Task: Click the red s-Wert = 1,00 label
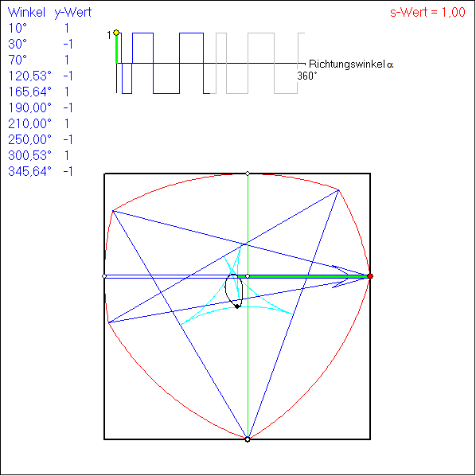coord(427,13)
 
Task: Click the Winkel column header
coord(26,13)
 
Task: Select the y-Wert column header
coord(73,13)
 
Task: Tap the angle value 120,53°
coord(29,76)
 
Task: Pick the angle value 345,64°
coord(29,171)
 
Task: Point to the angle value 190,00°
coord(29,107)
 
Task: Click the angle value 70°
coord(18,60)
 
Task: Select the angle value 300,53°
coord(29,155)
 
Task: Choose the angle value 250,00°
coord(29,139)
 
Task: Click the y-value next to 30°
coord(68,45)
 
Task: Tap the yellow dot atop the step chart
coord(116,33)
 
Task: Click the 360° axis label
coord(307,76)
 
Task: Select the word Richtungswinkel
coord(347,64)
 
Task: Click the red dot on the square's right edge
coord(370,276)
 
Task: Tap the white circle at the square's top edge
coord(248,174)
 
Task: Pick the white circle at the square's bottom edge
coord(248,439)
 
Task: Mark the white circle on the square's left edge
coord(104,276)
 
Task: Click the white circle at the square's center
coord(248,276)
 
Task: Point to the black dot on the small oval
coord(237,306)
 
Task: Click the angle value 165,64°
coord(29,92)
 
